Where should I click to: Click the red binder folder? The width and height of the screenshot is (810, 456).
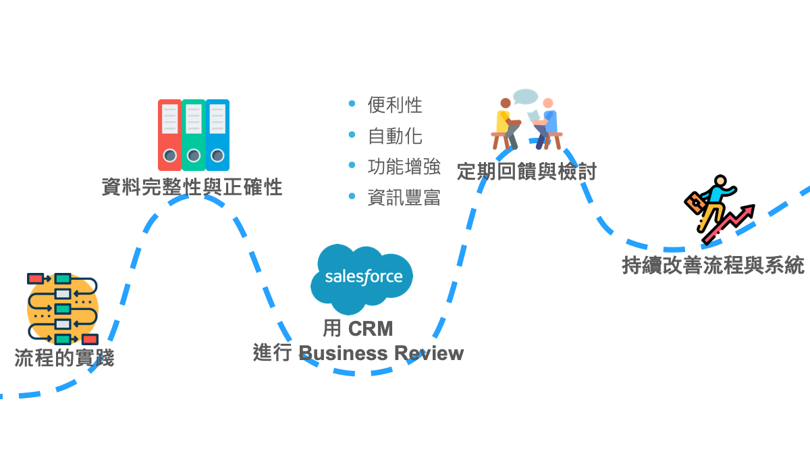(169, 135)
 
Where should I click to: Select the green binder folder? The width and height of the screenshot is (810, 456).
(193, 135)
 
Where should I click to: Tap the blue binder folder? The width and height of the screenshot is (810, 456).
(217, 135)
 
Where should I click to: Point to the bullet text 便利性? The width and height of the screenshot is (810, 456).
(395, 105)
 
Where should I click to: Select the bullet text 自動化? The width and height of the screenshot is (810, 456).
(395, 136)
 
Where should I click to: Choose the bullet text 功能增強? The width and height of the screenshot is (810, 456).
(404, 166)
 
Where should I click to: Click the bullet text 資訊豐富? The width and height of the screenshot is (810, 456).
(404, 197)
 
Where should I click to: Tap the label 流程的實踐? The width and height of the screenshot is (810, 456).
(64, 358)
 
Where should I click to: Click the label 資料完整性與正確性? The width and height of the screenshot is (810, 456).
(192, 187)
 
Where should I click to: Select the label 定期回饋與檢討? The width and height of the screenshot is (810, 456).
(526, 171)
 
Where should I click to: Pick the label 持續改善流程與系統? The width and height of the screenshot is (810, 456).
(713, 265)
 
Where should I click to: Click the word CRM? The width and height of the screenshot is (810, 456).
(370, 329)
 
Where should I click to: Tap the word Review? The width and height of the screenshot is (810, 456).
(429, 353)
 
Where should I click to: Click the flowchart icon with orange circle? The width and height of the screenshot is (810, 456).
(62, 309)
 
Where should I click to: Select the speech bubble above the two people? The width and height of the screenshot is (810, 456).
(525, 97)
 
